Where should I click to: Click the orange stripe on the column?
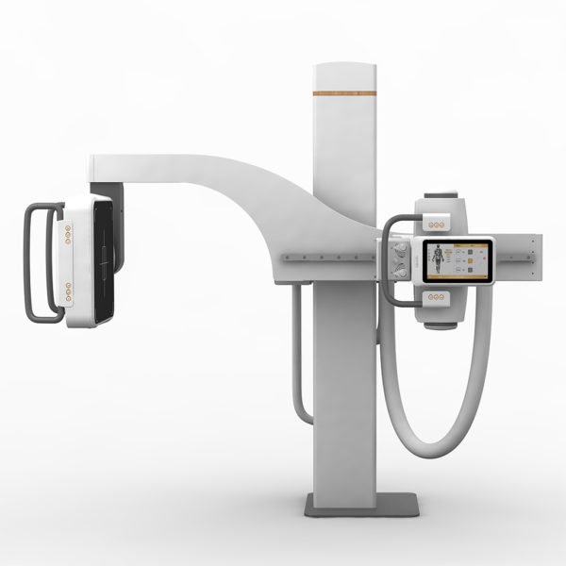344,93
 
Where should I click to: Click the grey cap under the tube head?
440,325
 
